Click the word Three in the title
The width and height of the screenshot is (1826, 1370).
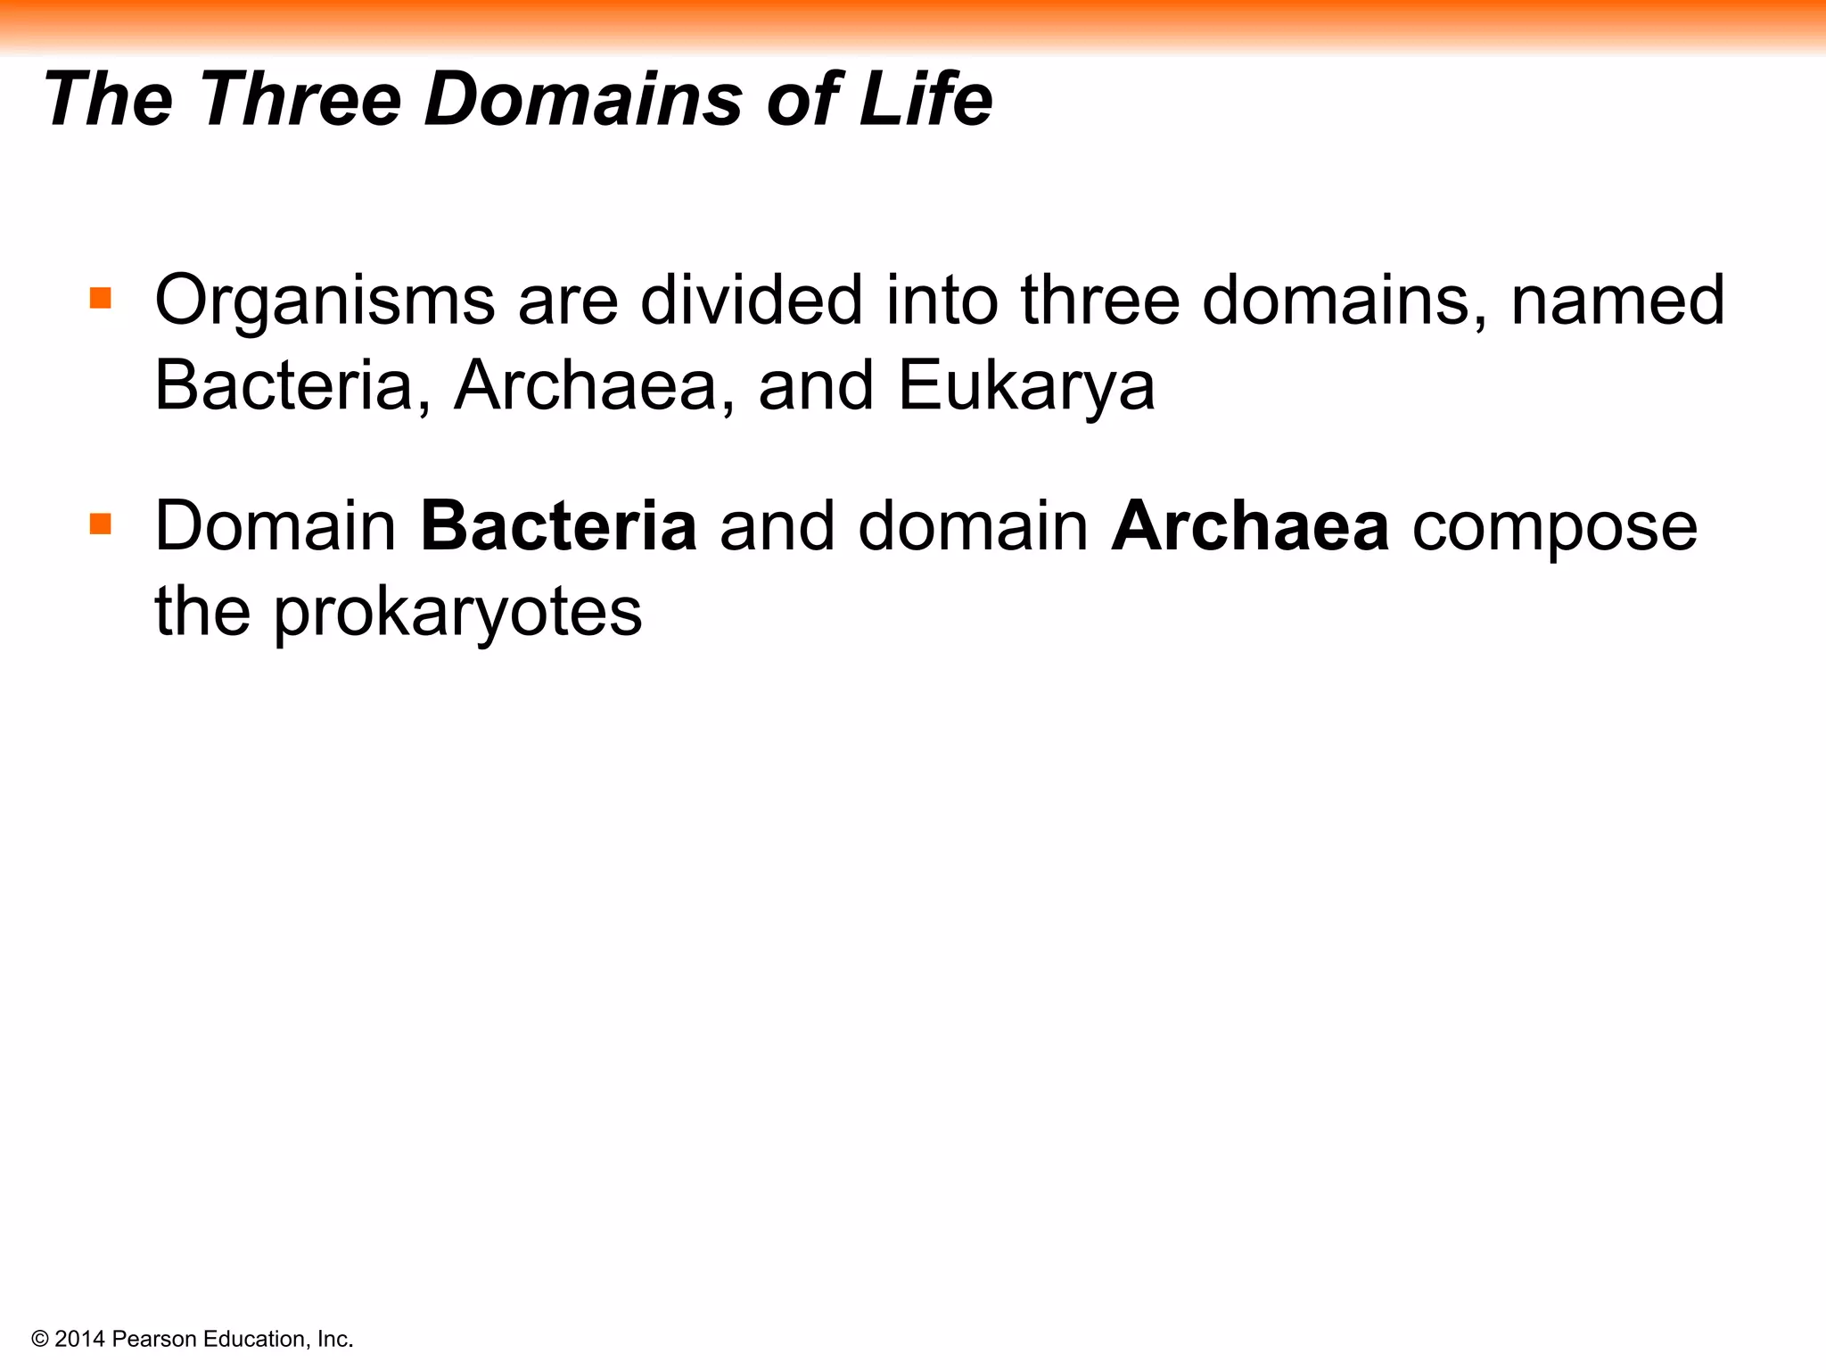(x=300, y=99)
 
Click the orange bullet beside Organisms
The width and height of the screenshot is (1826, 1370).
(x=101, y=297)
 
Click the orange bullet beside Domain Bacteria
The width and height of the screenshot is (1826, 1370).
(x=101, y=524)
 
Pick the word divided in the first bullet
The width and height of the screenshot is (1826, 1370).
(x=751, y=300)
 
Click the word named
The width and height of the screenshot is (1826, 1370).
(x=1617, y=300)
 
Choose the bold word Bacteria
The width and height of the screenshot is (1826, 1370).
(x=558, y=526)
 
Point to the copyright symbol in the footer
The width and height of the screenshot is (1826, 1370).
(x=39, y=1339)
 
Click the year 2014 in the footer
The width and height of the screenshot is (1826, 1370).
(x=80, y=1339)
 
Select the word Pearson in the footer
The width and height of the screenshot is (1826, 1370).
(x=154, y=1339)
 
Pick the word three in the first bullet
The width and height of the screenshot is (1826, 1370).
(x=1100, y=300)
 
